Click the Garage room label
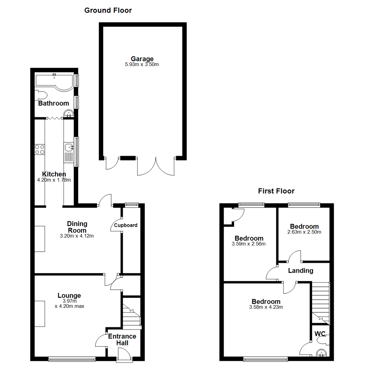click(x=142, y=59)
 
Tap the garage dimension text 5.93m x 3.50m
click(x=142, y=64)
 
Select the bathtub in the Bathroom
click(x=54, y=81)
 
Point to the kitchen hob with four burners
click(x=40, y=149)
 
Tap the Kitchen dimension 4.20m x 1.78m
click(x=54, y=180)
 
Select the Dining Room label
click(x=77, y=227)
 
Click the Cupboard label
click(x=126, y=225)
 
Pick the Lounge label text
click(x=69, y=296)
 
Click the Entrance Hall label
click(x=122, y=340)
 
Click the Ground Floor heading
click(x=108, y=10)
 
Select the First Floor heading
click(x=276, y=191)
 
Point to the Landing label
click(x=300, y=271)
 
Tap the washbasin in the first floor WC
click(x=320, y=354)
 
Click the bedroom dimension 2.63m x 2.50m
click(x=304, y=232)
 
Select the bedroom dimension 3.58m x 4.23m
click(x=266, y=307)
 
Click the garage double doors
click(x=156, y=166)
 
